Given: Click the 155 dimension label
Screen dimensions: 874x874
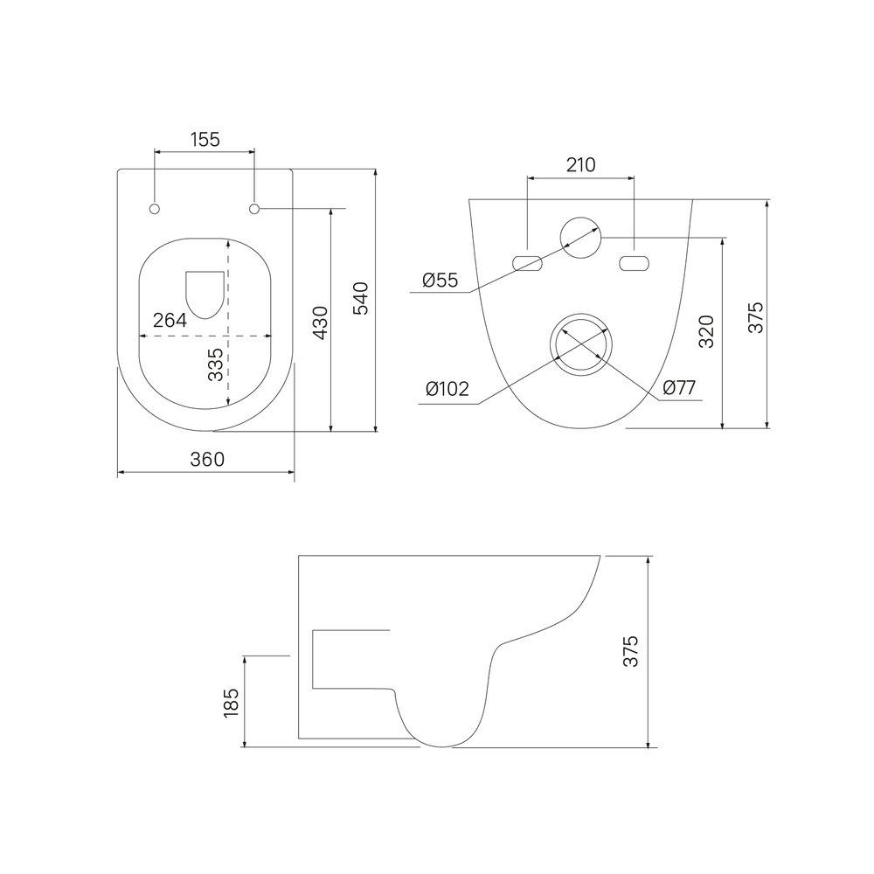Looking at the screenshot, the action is point(205,139).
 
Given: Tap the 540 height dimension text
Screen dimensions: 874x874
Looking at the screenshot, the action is point(361,298).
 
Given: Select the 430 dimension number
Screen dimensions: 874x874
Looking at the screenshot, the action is point(320,323).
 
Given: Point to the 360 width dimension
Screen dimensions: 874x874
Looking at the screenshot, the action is point(207,460).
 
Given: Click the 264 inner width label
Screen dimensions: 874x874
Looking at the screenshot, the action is point(170,320).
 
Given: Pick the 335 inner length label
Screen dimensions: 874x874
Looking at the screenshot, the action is point(215,364).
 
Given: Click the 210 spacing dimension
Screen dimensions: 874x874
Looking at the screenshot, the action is point(581,165).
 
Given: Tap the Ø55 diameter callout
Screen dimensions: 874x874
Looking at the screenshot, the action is point(440,280).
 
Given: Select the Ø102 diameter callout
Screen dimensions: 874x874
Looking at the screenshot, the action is point(447,388).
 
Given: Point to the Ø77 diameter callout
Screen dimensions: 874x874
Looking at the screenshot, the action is point(679,387).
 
